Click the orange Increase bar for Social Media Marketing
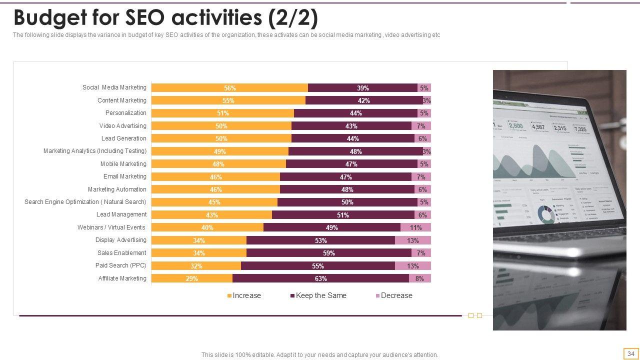click(229, 88)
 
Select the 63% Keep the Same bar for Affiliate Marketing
click(320, 278)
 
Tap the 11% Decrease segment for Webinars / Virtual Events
click(415, 227)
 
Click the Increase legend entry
click(244, 295)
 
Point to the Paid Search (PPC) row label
click(121, 265)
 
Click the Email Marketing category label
click(125, 176)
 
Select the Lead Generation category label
click(124, 138)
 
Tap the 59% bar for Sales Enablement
click(328, 253)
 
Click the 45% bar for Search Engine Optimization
click(214, 202)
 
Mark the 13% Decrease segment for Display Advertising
click(412, 240)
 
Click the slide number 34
click(631, 353)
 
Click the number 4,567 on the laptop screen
click(538, 127)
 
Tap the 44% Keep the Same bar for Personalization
click(355, 113)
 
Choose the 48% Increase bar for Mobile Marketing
click(218, 164)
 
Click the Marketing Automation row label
click(117, 189)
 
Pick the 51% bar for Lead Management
click(342, 215)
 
